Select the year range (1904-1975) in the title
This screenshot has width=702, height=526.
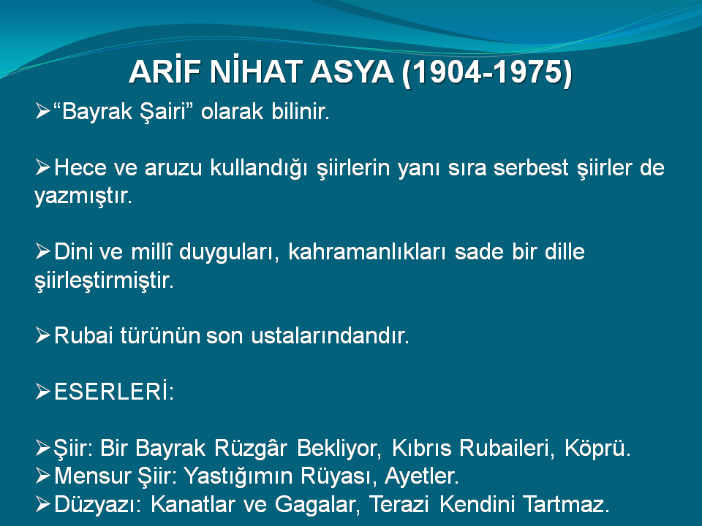coord(487,72)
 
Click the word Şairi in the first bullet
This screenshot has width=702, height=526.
coord(167,111)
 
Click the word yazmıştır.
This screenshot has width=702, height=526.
coord(83,197)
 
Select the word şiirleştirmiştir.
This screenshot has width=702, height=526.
coord(104,281)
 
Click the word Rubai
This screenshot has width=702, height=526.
coord(83,335)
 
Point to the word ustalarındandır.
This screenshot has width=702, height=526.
coord(330,335)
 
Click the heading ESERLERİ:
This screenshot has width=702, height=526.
coord(114,391)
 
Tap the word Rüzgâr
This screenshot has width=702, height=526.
coord(251,448)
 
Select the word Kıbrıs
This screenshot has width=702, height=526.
coord(422,448)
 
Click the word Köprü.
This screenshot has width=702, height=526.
coord(597,449)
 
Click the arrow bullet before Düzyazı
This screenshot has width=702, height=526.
coord(42,504)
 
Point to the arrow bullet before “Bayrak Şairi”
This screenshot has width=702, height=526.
coord(42,111)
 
